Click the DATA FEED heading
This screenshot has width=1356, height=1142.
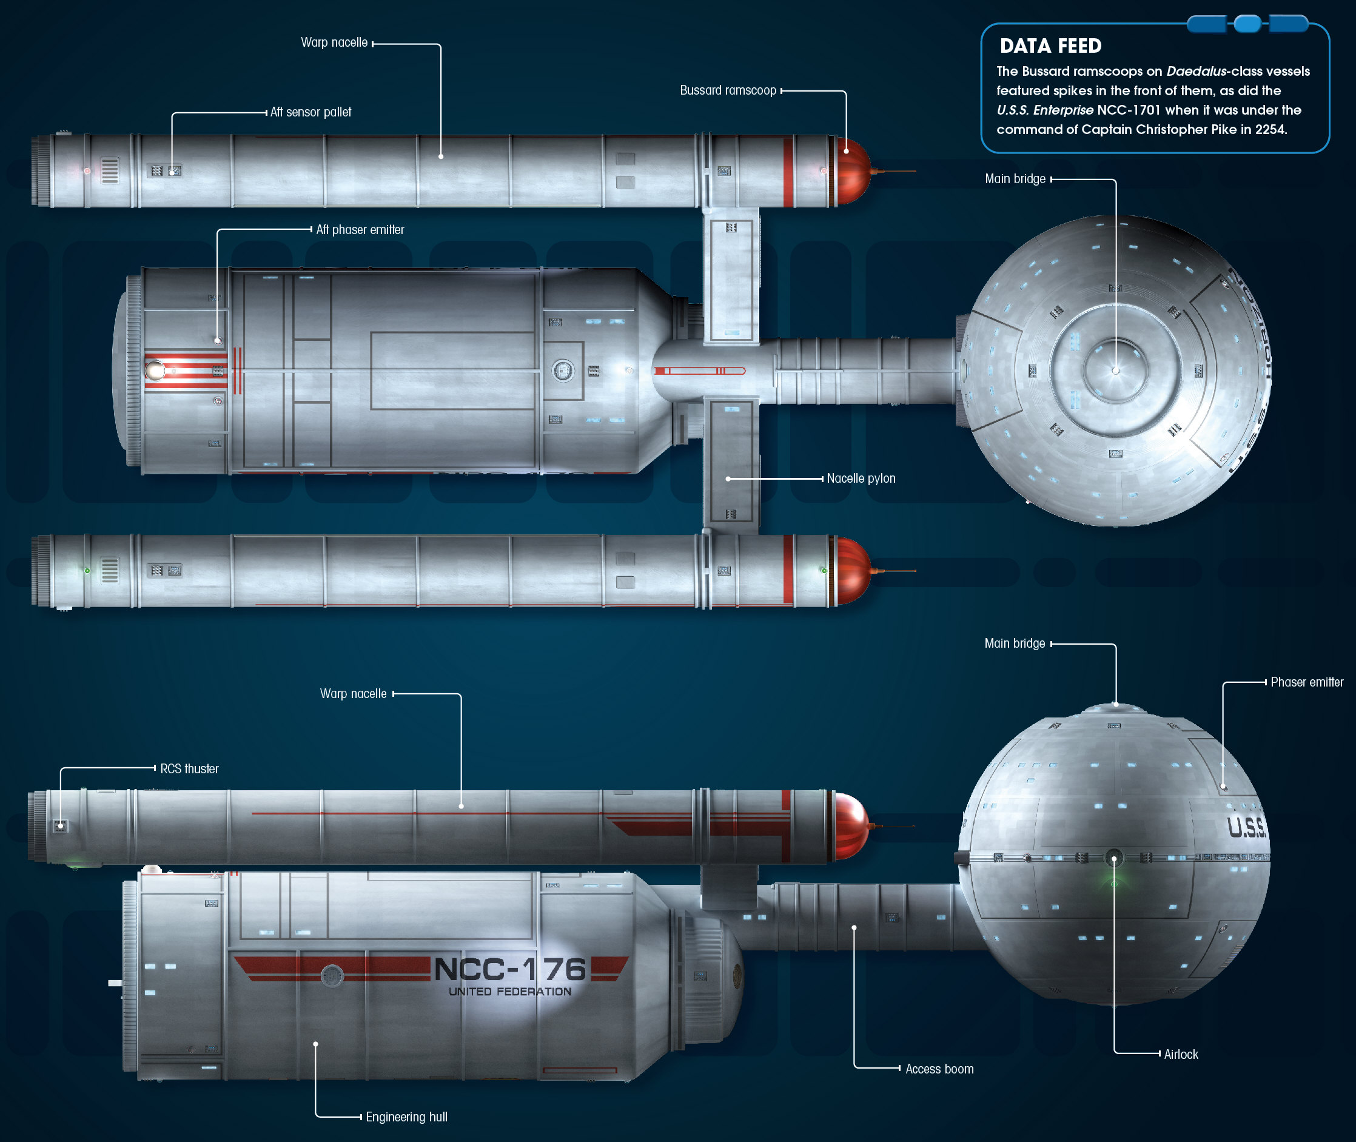pyautogui.click(x=1050, y=46)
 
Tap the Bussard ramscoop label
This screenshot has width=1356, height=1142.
pyautogui.click(x=728, y=90)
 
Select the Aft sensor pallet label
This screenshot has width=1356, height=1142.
pyautogui.click(x=310, y=112)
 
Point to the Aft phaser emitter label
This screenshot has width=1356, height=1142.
pyautogui.click(x=360, y=230)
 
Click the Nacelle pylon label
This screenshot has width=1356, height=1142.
pyautogui.click(x=861, y=479)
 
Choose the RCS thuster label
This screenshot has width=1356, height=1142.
pyautogui.click(x=190, y=768)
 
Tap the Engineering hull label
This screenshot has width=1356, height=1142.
pyautogui.click(x=406, y=1117)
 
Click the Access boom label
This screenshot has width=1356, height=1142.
pyautogui.click(x=939, y=1069)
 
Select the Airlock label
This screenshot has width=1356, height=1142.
pyautogui.click(x=1181, y=1055)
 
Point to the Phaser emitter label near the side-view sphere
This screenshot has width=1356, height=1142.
pyautogui.click(x=1307, y=682)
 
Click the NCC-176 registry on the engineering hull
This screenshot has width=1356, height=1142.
pyautogui.click(x=510, y=969)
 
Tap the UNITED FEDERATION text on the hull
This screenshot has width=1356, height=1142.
pyautogui.click(x=510, y=992)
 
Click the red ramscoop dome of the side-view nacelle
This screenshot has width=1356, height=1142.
pyautogui.click(x=850, y=826)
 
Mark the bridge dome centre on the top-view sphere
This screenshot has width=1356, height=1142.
pyautogui.click(x=1115, y=371)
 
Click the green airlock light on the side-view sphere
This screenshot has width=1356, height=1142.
pyautogui.click(x=1114, y=883)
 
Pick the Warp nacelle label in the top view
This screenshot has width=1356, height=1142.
pyautogui.click(x=334, y=42)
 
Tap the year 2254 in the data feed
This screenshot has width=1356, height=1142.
pyautogui.click(x=1270, y=129)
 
